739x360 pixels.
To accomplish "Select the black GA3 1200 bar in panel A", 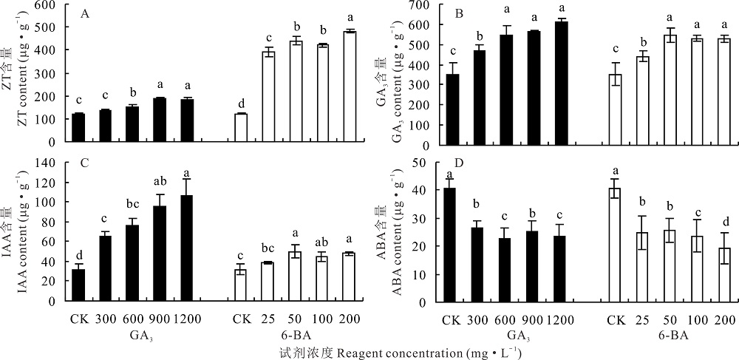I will [x=187, y=120].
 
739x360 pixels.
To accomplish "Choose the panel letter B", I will [x=459, y=13].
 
